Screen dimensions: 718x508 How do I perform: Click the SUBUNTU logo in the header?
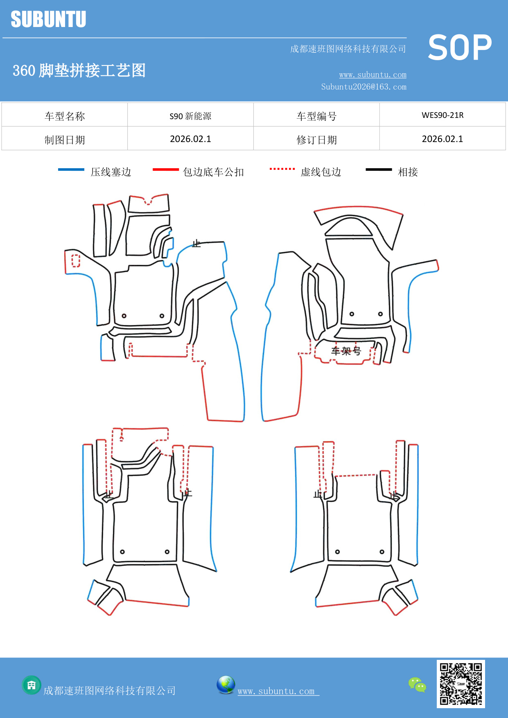pos(48,19)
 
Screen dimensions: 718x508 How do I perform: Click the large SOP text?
pos(460,48)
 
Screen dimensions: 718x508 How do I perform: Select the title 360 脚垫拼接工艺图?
pos(79,70)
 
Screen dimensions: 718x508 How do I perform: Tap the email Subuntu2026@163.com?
pos(364,87)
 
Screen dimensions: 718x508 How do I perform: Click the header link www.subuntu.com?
pos(373,75)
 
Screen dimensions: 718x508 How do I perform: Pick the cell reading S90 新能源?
pos(190,116)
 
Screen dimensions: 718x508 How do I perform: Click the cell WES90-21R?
pos(443,115)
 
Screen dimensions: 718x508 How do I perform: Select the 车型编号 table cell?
pos(316,116)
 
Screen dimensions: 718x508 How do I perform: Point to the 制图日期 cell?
pos(65,140)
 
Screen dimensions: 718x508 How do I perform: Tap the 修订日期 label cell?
pos(316,140)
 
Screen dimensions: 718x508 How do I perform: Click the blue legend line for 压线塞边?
pos(71,169)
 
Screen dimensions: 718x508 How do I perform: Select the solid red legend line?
pos(166,169)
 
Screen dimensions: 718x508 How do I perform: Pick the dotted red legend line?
pos(282,169)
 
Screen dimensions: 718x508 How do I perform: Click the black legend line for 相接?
pos(379,169)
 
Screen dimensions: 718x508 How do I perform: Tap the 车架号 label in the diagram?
pos(346,351)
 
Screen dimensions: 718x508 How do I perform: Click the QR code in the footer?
pos(461,684)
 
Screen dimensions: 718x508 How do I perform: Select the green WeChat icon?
pos(417,685)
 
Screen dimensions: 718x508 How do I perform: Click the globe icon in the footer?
pos(226,685)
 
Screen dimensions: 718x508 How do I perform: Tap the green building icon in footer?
pos(32,685)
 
